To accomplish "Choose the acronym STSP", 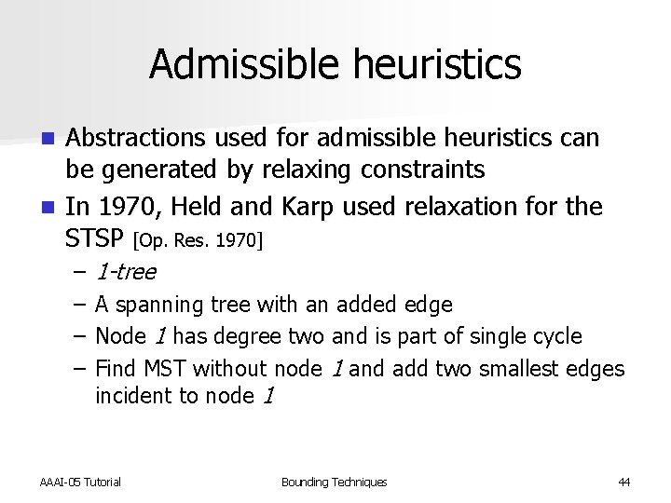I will (95, 238).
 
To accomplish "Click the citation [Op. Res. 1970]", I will (199, 241).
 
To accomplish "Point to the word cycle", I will (555, 336).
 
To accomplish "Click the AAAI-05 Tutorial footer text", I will (80, 482).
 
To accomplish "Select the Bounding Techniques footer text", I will (334, 482).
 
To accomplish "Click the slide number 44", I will (623, 482).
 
